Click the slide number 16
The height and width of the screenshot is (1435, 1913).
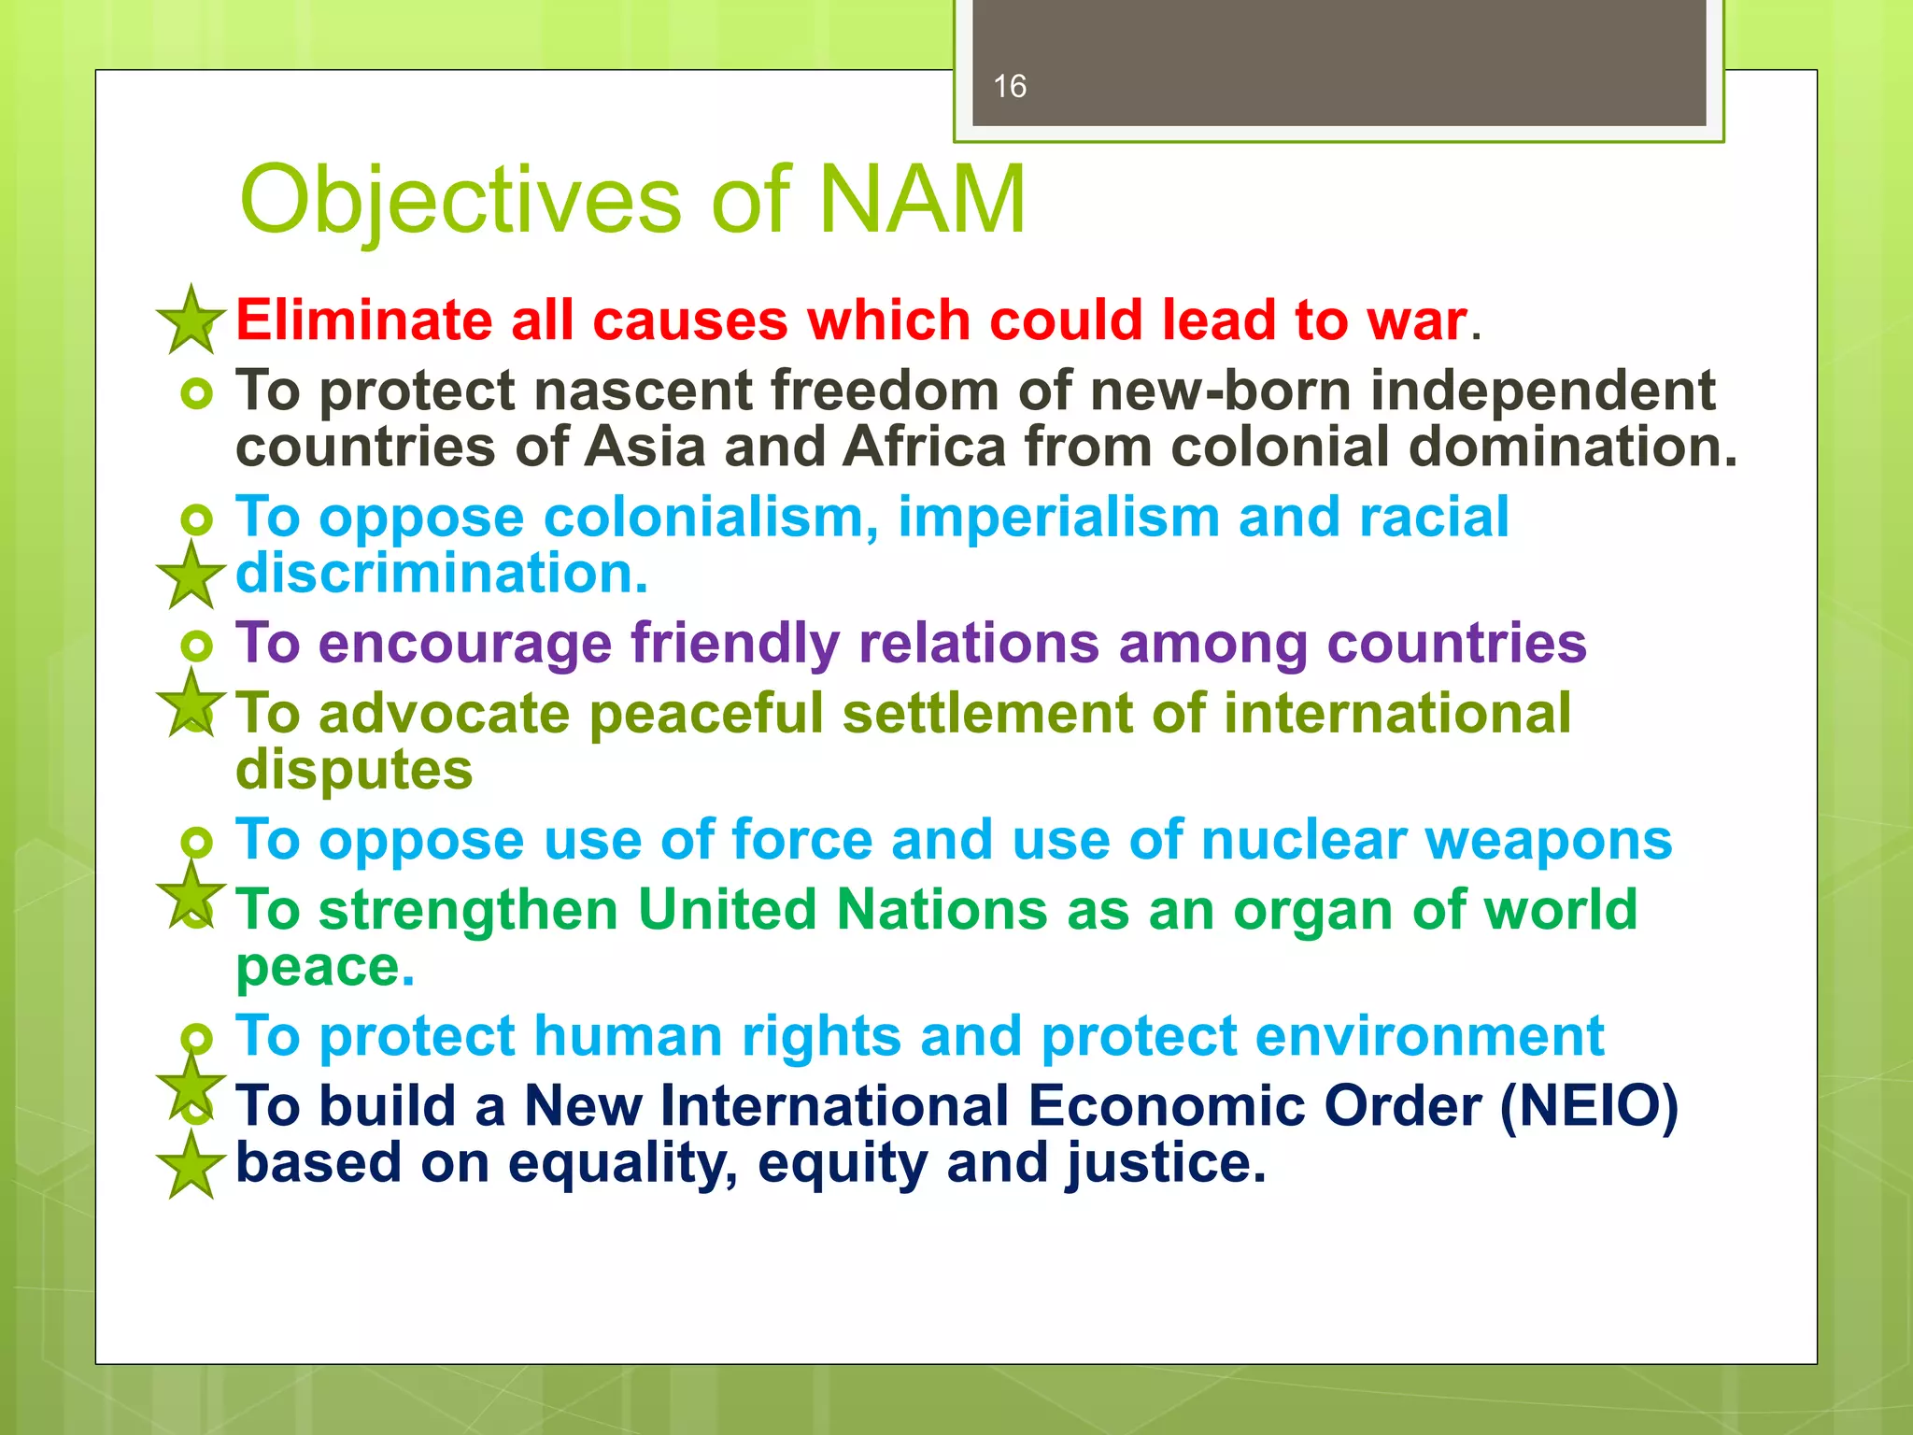(x=1010, y=87)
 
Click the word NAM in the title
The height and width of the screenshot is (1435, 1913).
(x=922, y=200)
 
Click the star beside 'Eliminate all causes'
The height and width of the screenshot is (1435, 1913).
(x=191, y=320)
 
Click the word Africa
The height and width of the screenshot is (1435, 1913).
(x=924, y=447)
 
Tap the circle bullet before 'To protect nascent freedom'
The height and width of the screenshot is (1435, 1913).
(x=197, y=393)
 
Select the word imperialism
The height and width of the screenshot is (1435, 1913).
(x=1057, y=517)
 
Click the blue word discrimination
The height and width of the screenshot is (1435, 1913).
(x=441, y=573)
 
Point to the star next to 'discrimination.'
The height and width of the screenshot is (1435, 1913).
(x=191, y=575)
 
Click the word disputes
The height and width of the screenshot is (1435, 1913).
(x=354, y=770)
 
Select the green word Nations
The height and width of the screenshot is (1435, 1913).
(x=942, y=910)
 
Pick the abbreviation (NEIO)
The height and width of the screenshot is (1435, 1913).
(x=1589, y=1106)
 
